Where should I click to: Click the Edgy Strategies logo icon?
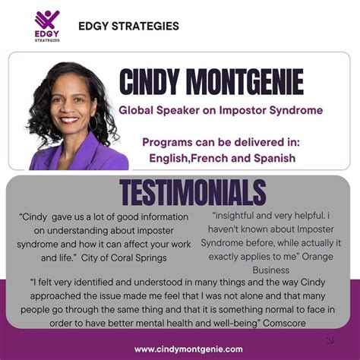(47, 20)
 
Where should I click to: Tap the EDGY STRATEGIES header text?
(128, 26)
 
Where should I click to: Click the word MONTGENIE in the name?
(245, 82)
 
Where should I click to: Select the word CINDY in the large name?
(150, 82)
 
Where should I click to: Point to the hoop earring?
(93, 123)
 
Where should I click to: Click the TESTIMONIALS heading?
(193, 192)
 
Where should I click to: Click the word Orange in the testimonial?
(317, 257)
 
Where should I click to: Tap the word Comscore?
(284, 324)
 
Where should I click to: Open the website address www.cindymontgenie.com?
(188, 349)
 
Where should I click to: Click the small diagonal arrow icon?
(330, 340)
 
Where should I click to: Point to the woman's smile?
(69, 119)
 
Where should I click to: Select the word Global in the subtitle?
(136, 110)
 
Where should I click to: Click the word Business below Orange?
(271, 270)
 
